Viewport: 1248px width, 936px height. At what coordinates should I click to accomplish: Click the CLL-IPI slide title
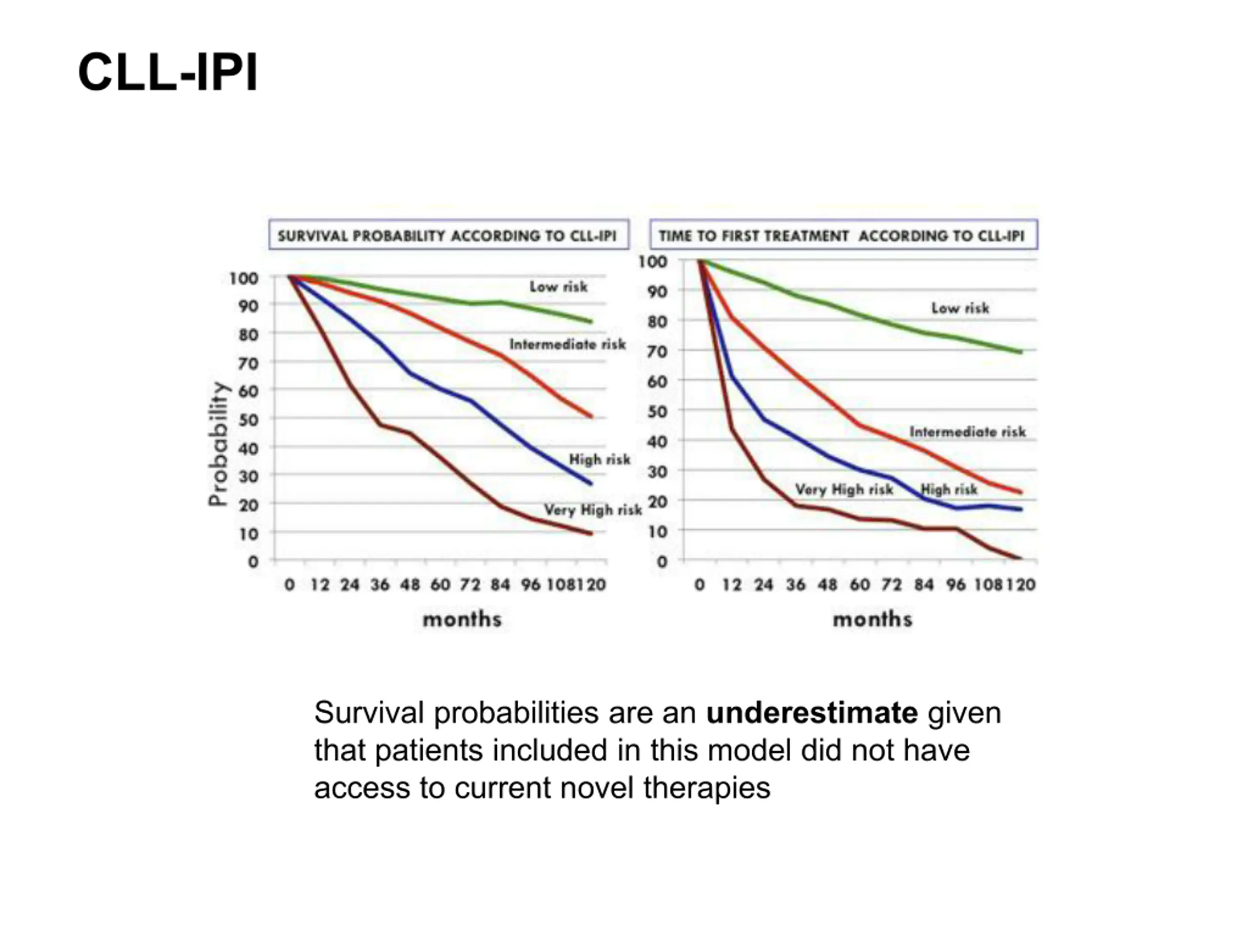tap(168, 72)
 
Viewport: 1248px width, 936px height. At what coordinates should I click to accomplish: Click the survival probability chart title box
tap(448, 234)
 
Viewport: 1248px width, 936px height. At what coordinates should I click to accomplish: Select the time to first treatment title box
tap(843, 234)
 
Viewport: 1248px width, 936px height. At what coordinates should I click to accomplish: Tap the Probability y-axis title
tap(218, 444)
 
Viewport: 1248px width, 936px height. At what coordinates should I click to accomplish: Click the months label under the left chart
tap(462, 619)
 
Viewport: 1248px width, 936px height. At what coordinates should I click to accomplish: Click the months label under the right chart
tap(872, 619)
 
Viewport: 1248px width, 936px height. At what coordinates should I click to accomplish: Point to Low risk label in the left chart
tap(558, 287)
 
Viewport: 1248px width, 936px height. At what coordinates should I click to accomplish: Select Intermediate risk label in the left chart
tap(567, 344)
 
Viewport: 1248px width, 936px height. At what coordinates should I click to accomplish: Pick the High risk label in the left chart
tap(599, 459)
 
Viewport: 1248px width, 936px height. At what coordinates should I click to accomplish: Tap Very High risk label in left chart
tap(592, 510)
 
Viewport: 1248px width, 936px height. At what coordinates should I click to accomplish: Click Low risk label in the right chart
tap(960, 308)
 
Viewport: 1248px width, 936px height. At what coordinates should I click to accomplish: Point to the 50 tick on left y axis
tap(248, 420)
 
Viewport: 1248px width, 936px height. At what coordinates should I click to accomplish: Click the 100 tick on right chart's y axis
tap(653, 262)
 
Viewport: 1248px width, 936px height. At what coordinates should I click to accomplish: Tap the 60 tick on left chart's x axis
tap(440, 585)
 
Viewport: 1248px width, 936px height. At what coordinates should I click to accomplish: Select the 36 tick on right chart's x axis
tap(796, 585)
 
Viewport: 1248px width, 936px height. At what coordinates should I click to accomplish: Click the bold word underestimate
tap(812, 713)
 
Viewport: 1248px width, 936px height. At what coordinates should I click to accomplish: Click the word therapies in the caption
tap(706, 788)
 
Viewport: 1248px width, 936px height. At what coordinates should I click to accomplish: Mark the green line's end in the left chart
tap(591, 322)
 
